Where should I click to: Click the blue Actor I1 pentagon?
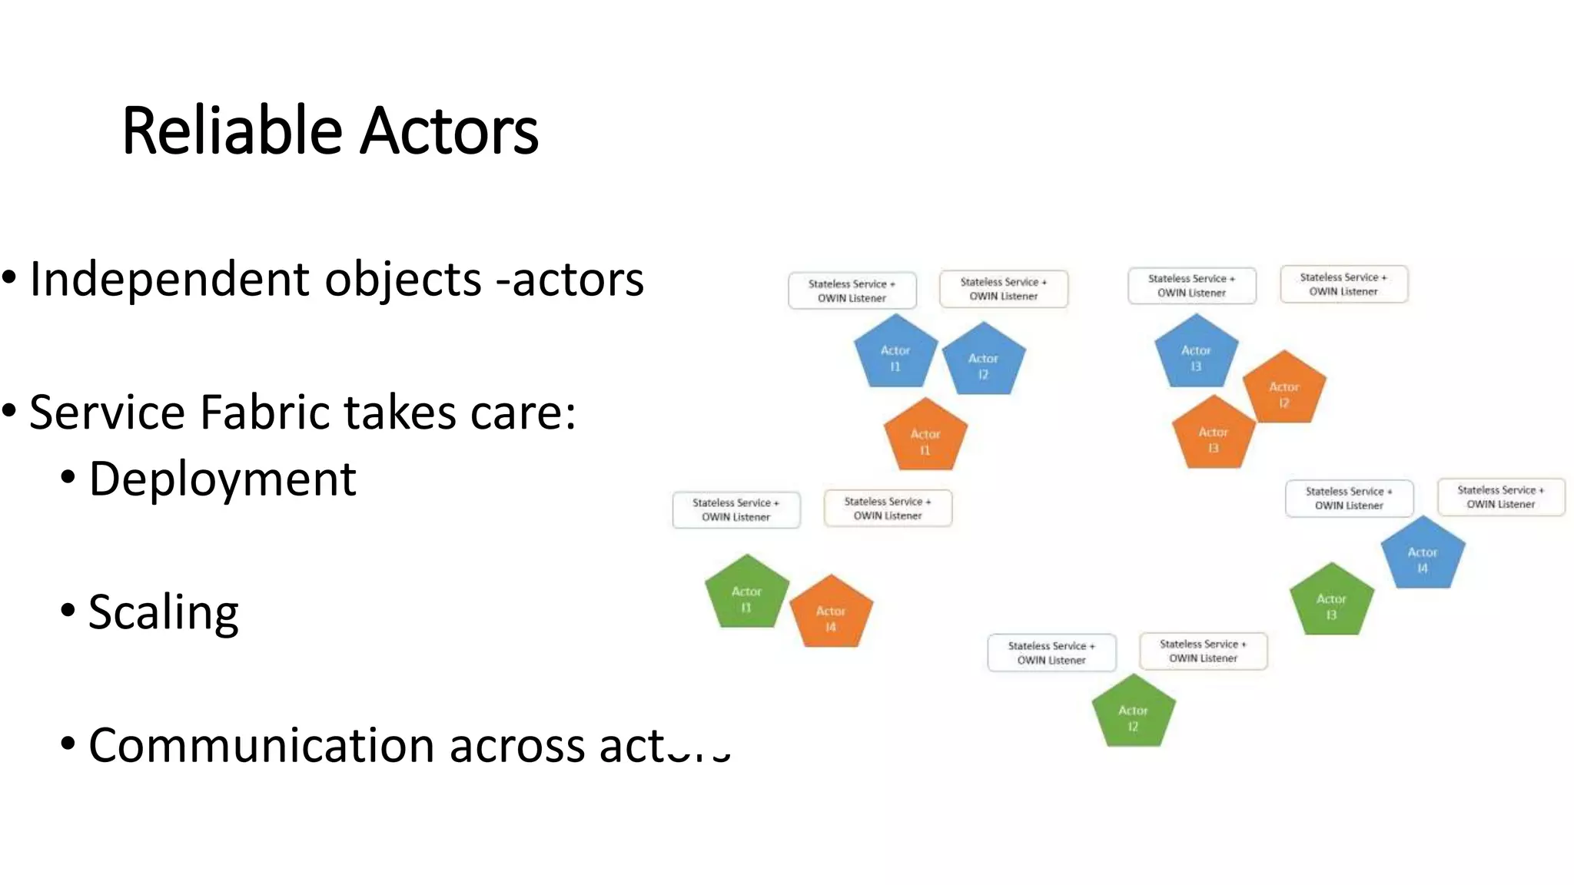pos(895,355)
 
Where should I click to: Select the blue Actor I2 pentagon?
pos(983,363)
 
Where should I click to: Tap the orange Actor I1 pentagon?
pos(925,438)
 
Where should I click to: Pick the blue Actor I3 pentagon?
pos(1196,355)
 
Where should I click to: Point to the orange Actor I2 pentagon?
pos(1283,391)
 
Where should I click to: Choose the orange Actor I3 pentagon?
pos(1213,436)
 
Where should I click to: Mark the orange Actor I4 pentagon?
pos(831,615)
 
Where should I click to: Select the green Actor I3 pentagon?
pos(1331,603)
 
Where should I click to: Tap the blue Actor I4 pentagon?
pos(1423,556)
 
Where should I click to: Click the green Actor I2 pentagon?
pos(1133,714)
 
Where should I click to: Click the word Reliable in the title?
pos(231,131)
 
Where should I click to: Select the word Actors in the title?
pos(449,131)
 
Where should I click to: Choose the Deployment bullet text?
pos(222,479)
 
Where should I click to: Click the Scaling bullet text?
pos(163,612)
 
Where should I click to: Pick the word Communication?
pos(262,745)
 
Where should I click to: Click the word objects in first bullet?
pos(403,280)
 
